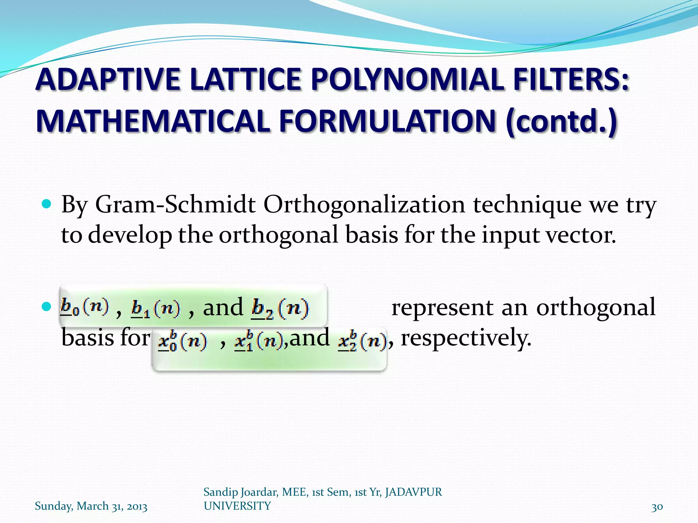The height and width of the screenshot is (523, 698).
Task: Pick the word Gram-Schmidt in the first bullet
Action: click(175, 205)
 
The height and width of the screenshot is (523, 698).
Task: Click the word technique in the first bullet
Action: click(527, 205)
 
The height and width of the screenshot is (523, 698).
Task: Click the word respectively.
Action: click(466, 338)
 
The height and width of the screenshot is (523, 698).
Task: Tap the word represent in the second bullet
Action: click(442, 307)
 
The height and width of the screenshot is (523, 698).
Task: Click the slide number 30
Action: click(657, 507)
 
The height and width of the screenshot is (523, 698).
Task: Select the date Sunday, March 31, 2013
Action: click(91, 506)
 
